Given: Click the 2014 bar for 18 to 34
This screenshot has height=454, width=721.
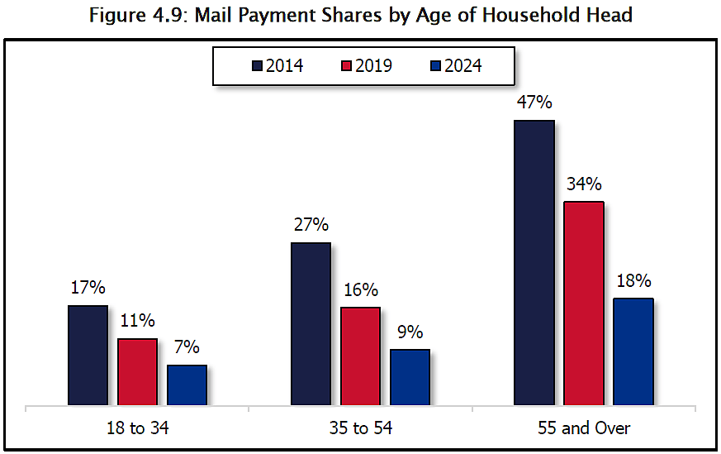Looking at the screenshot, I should [88, 356].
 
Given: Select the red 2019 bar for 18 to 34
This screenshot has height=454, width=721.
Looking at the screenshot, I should [137, 372].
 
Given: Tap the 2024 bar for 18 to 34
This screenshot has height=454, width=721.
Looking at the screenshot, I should [187, 385].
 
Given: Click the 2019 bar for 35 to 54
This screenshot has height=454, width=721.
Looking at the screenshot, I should [360, 356].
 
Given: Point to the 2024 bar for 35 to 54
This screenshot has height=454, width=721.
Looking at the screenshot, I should [410, 377].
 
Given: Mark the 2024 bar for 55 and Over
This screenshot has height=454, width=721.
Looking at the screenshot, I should [633, 351].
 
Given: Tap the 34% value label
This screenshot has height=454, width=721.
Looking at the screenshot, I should [583, 184].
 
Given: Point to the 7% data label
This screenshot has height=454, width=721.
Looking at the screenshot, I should [187, 348].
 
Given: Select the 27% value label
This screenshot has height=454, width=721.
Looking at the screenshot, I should [311, 225].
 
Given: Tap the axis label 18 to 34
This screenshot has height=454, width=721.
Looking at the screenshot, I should [137, 428].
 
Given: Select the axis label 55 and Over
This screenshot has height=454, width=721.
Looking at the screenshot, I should [583, 428].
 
